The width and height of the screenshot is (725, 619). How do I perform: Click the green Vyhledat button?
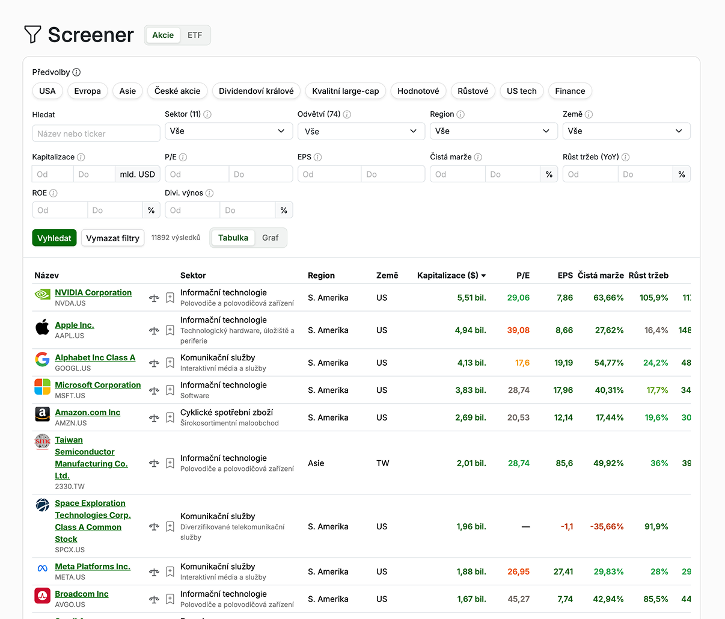pos(54,238)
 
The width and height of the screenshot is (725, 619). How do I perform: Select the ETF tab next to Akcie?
pos(195,35)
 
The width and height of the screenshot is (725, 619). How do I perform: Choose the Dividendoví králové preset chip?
pos(256,91)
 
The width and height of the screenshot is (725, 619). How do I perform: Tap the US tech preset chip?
pos(521,91)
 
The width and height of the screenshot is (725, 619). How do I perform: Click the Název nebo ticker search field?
pos(96,134)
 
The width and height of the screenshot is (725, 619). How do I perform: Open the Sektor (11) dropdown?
pos(228,131)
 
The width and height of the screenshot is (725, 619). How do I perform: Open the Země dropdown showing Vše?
pos(626,131)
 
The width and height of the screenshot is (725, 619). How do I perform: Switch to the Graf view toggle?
pos(270,238)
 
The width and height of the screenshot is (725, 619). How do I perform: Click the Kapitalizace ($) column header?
pos(451,276)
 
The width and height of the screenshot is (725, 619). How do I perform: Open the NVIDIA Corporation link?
pos(93,292)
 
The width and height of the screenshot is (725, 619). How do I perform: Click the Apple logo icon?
pos(43,327)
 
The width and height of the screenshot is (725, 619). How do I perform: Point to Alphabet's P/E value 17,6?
pos(522,363)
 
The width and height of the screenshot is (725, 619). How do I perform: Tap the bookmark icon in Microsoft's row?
pos(170,390)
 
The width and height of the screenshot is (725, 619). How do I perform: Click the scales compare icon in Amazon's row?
pos(154,417)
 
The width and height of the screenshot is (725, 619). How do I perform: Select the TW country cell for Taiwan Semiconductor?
pos(383,463)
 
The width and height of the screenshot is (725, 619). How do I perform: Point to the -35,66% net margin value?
pos(607,526)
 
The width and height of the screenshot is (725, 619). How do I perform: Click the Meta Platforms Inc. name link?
pos(93,567)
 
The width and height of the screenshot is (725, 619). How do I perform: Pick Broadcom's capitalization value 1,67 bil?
pos(471,599)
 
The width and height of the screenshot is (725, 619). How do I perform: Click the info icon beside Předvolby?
pos(76,72)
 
